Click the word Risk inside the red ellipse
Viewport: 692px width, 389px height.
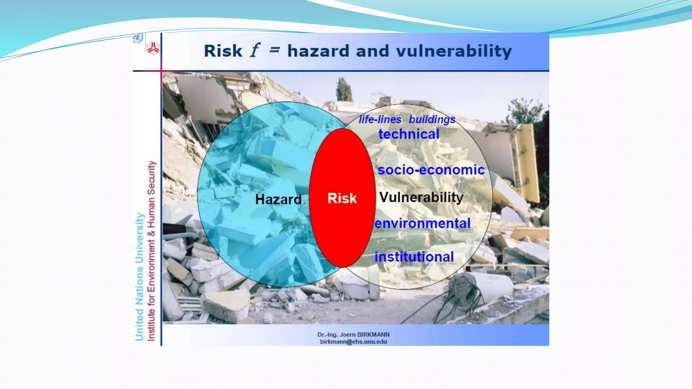(342, 198)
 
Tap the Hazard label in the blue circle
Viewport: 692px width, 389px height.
(278, 199)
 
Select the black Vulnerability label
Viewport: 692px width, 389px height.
(421, 197)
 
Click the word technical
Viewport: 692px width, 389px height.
(409, 134)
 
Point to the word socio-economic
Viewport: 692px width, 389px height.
(431, 170)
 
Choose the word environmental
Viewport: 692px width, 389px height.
(422, 223)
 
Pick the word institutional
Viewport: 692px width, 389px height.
(414, 257)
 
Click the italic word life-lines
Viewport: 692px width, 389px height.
(380, 119)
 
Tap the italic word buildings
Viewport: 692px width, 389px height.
(432, 119)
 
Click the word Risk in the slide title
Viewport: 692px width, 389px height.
(223, 51)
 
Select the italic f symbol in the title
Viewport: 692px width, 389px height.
(255, 51)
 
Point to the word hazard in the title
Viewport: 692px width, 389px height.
(318, 51)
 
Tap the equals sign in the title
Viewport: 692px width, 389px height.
(274, 50)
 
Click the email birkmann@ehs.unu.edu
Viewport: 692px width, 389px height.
(353, 342)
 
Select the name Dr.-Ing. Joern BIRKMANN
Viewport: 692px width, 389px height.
(353, 335)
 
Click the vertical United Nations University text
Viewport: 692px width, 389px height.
(140, 277)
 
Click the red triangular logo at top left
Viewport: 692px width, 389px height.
(153, 48)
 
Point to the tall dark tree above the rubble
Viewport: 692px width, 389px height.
(344, 89)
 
